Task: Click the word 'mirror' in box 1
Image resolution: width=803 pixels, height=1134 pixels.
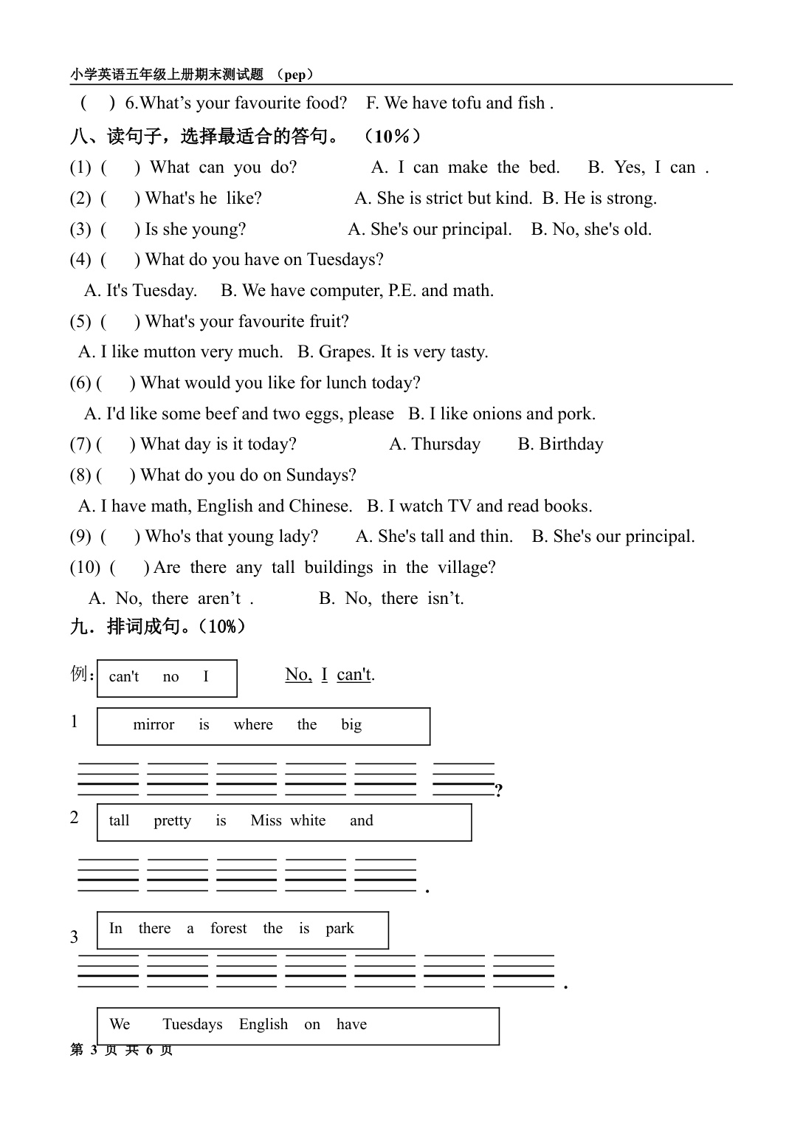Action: click(x=154, y=725)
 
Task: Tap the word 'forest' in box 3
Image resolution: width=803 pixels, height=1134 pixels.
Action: click(x=228, y=929)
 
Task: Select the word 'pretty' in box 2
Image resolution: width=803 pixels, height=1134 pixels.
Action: click(x=172, y=821)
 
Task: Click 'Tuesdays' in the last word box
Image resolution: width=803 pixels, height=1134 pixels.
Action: click(x=192, y=1025)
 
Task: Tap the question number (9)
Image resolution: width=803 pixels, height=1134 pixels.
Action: click(x=80, y=537)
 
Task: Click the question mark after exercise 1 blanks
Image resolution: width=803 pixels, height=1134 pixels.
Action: click(x=499, y=791)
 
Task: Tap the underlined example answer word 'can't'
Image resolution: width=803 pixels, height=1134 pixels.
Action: click(x=354, y=675)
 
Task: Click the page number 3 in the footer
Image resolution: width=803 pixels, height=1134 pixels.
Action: click(x=94, y=1050)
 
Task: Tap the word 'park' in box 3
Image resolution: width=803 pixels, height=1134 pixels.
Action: click(x=340, y=929)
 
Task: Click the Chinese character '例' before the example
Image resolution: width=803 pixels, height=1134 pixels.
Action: click(x=80, y=674)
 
